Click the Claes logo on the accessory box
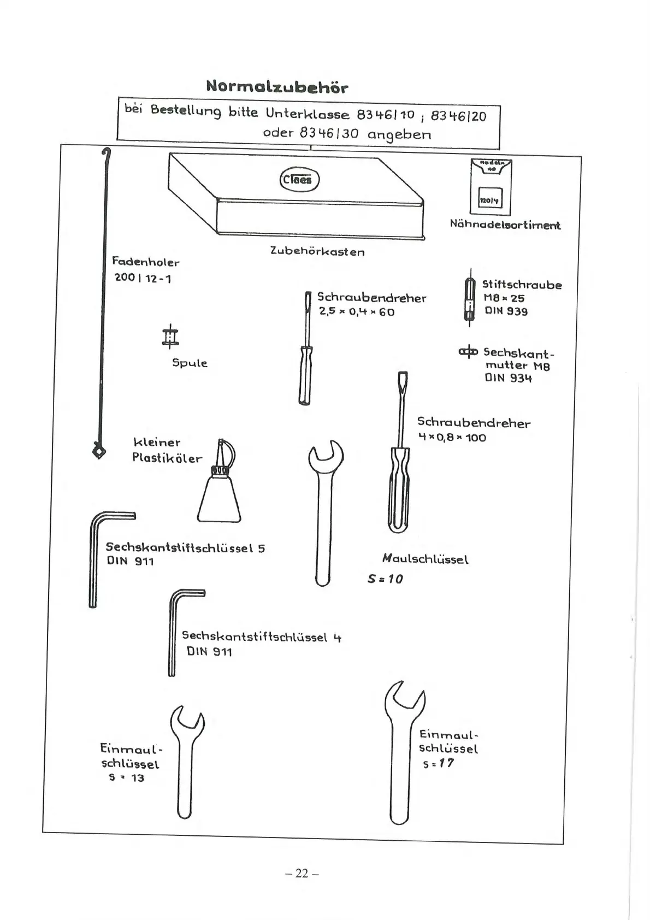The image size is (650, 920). pyautogui.click(x=298, y=180)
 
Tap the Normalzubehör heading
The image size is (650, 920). pyautogui.click(x=277, y=86)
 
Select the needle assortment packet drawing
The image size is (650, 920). pyautogui.click(x=490, y=187)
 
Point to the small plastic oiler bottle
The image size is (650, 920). pyautogui.click(x=219, y=492)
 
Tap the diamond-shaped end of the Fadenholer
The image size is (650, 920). pyautogui.click(x=98, y=451)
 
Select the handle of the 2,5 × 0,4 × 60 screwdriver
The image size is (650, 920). pyautogui.click(x=305, y=376)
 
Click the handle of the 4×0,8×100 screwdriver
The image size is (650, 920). pyautogui.click(x=399, y=489)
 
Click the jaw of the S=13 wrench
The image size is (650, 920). pyautogui.click(x=187, y=720)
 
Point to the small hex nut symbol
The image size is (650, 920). pyautogui.click(x=468, y=351)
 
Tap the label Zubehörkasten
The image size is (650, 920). pyautogui.click(x=317, y=251)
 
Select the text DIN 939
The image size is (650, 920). pyautogui.click(x=506, y=311)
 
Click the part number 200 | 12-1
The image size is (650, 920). pyautogui.click(x=143, y=278)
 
